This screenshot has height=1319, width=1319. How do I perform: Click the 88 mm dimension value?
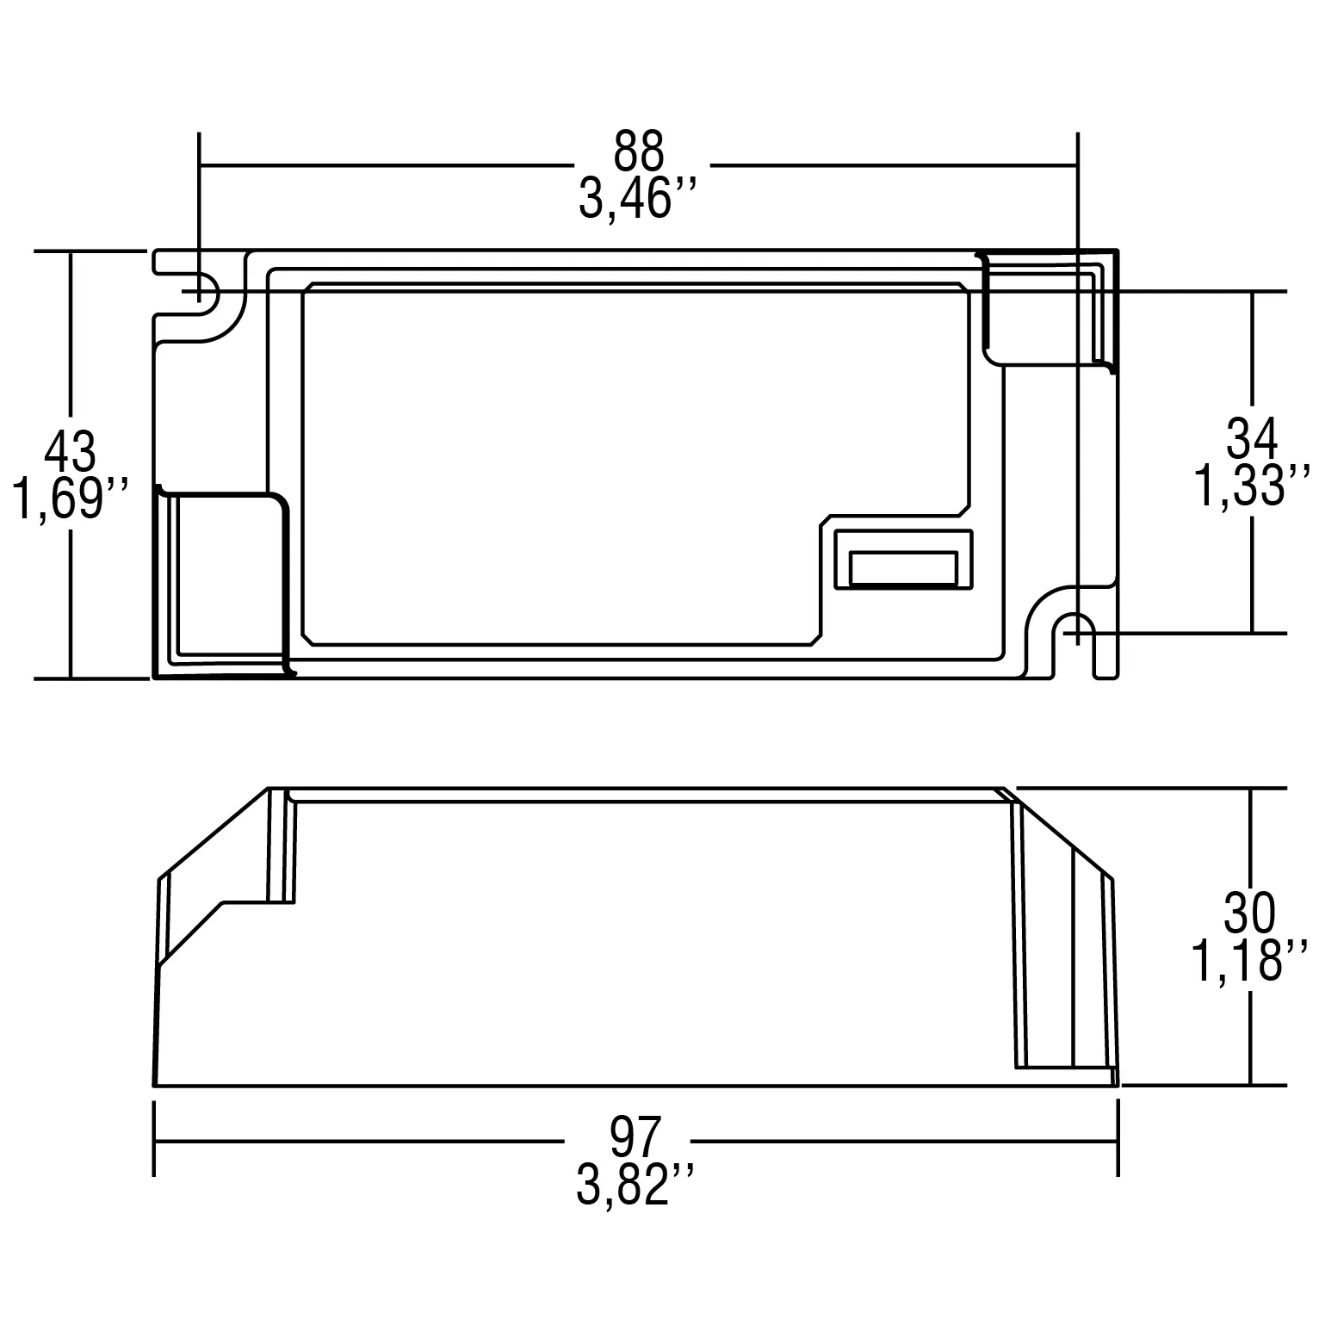click(639, 152)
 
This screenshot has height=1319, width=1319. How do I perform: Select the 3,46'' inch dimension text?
click(636, 201)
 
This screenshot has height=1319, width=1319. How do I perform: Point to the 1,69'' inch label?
click(71, 499)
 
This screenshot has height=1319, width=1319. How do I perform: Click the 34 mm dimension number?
click(1252, 439)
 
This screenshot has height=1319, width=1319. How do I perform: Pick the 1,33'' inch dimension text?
click(1252, 486)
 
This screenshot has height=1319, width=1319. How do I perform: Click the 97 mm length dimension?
click(635, 1136)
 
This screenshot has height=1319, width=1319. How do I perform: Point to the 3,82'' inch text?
click(635, 1186)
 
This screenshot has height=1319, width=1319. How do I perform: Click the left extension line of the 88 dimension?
click(199, 198)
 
